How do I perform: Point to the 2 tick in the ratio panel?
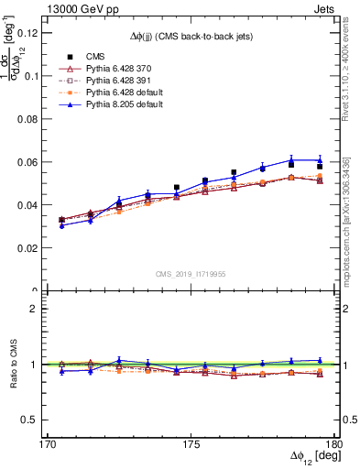[39, 309]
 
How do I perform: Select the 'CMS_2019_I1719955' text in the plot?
[191, 275]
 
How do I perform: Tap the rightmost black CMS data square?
[320, 166]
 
